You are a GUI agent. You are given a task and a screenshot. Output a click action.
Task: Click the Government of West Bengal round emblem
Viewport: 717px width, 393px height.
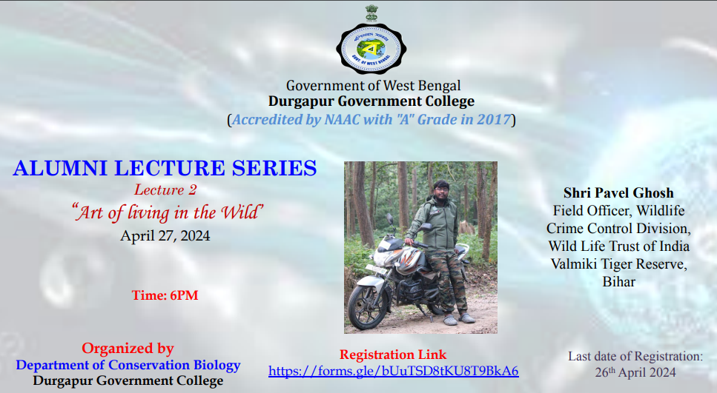pos(371,49)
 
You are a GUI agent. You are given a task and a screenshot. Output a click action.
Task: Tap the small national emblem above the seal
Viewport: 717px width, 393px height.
pos(371,13)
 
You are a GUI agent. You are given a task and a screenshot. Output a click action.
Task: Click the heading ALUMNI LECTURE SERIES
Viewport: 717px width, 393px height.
pos(165,168)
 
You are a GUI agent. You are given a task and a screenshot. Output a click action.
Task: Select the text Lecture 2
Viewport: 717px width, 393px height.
pos(165,189)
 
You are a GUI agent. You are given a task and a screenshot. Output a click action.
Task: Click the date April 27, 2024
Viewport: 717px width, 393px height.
pos(165,236)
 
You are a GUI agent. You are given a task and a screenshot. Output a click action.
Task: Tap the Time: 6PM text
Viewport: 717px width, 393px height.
pos(165,295)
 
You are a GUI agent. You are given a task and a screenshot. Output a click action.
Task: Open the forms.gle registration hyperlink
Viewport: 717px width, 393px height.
pos(393,371)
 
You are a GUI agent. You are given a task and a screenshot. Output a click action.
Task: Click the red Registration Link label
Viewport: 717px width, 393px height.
pos(393,355)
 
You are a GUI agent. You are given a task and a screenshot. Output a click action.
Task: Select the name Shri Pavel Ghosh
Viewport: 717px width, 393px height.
pos(618,192)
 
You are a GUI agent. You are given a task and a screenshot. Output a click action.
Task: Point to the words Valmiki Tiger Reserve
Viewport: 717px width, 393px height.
pos(618,263)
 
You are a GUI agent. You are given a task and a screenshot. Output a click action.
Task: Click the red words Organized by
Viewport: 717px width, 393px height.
pos(128,349)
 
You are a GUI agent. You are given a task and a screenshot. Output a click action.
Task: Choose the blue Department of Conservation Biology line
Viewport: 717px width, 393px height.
pos(128,365)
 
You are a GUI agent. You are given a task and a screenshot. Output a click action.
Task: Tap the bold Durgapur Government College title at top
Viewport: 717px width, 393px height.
pos(371,101)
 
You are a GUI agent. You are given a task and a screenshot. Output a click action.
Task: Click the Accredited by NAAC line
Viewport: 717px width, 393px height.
pos(371,120)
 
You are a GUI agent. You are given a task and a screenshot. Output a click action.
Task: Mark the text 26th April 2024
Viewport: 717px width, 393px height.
pos(635,372)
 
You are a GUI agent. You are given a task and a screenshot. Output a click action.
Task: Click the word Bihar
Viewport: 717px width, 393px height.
pos(618,282)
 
